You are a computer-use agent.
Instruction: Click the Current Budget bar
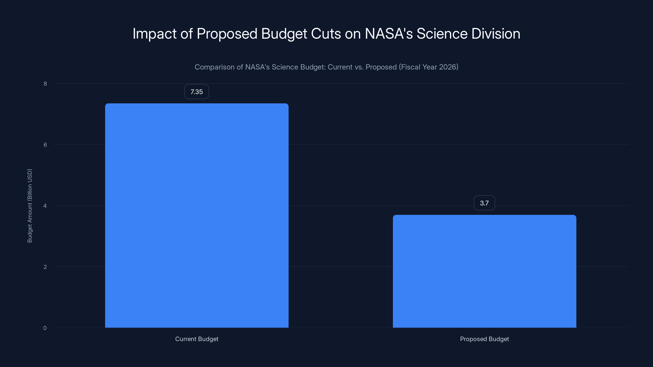pyautogui.click(x=197, y=215)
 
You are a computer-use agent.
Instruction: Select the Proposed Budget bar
pyautogui.click(x=484, y=271)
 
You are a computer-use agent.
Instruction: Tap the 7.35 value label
pyautogui.click(x=197, y=92)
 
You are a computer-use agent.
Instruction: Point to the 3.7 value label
pyautogui.click(x=484, y=203)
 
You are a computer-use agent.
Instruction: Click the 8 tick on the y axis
pyautogui.click(x=45, y=84)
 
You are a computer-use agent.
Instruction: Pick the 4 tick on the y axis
pyautogui.click(x=45, y=206)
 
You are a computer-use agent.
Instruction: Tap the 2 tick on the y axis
pyautogui.click(x=45, y=267)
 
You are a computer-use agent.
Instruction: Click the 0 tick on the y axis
pyautogui.click(x=45, y=328)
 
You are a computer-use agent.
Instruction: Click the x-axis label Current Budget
pyautogui.click(x=197, y=339)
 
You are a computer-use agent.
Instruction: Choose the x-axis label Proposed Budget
pyautogui.click(x=484, y=339)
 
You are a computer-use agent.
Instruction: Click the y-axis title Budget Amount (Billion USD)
pyautogui.click(x=30, y=206)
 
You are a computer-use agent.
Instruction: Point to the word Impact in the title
pyautogui.click(x=154, y=33)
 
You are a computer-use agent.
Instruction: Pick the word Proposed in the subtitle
pyautogui.click(x=381, y=67)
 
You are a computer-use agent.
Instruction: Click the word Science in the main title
pyautogui.click(x=442, y=33)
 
